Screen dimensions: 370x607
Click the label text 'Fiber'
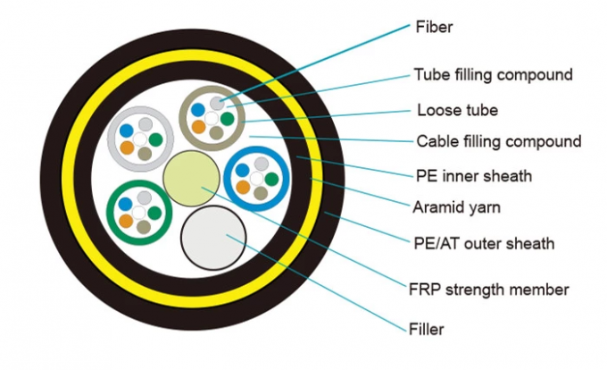pyautogui.click(x=435, y=27)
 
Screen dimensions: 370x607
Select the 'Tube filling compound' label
pyautogui.click(x=492, y=74)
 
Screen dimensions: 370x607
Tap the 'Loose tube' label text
pyautogui.click(x=458, y=111)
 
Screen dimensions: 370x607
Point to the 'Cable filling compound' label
pyautogui.click(x=499, y=141)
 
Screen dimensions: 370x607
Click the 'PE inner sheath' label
pyautogui.click(x=474, y=175)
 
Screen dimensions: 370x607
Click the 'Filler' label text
pyautogui.click(x=427, y=330)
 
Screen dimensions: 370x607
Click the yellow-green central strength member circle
pyautogui.click(x=188, y=175)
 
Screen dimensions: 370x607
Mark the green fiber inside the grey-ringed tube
pyautogui.click(x=155, y=139)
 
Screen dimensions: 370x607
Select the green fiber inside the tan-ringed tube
pyautogui.click(x=228, y=118)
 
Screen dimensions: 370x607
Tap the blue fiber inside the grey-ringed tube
pyautogui.click(x=126, y=130)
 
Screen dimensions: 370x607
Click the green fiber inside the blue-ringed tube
pyautogui.click(x=270, y=178)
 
